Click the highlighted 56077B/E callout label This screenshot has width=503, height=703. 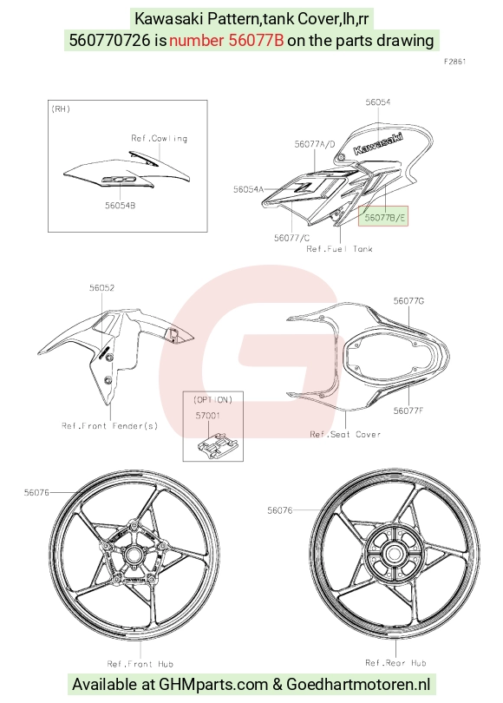click(385, 218)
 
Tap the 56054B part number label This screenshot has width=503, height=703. click(120, 206)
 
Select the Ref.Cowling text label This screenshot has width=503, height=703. click(159, 138)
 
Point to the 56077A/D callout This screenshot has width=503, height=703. click(315, 144)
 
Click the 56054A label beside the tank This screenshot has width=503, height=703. click(249, 189)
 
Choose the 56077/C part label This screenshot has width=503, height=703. click(291, 238)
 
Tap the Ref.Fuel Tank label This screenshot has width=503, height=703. click(339, 249)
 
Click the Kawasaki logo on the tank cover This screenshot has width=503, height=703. click(378, 143)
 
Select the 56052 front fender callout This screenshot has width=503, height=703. click(101, 288)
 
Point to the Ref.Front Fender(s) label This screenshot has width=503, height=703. click(110, 425)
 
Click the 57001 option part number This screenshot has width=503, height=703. click(207, 416)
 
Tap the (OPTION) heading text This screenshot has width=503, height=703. click(212, 399)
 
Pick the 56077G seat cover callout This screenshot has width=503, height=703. click(408, 301)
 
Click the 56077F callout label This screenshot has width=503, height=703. click(408, 411)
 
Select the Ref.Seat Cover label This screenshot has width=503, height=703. click(345, 434)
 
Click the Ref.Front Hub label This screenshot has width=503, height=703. click(140, 664)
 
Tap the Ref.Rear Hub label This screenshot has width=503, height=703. click(395, 663)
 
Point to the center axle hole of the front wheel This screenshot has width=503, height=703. click(133, 555)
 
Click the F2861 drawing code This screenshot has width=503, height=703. click(454, 62)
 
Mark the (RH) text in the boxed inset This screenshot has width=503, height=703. click(61, 109)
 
